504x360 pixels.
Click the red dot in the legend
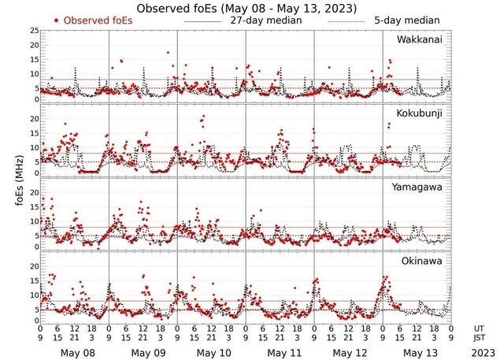click(57, 20)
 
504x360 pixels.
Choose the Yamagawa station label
click(418, 187)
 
